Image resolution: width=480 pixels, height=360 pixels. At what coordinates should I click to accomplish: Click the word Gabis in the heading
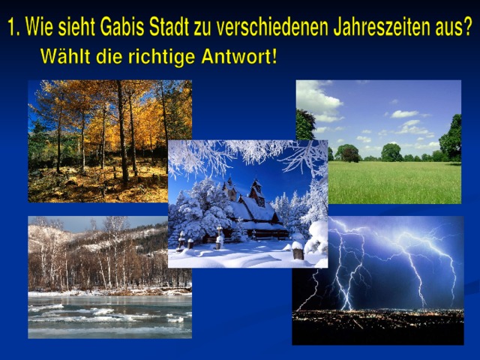pyautogui.click(x=122, y=26)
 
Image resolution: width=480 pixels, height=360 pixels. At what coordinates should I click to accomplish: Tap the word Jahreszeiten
pyautogui.click(x=377, y=26)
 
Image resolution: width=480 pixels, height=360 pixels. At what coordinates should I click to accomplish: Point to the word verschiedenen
pyautogui.click(x=272, y=26)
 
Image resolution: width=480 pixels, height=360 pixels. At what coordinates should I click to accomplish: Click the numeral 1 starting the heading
pyautogui.click(x=12, y=26)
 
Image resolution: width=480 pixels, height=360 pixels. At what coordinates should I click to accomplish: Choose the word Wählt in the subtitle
pyautogui.click(x=65, y=57)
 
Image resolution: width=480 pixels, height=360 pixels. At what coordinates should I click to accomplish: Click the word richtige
pyautogui.click(x=161, y=57)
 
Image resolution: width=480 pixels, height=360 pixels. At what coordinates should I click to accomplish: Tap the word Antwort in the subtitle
pyautogui.click(x=236, y=57)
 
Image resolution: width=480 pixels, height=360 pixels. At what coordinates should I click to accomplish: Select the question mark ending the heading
pyautogui.click(x=466, y=26)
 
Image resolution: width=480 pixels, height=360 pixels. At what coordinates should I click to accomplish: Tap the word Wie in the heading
pyautogui.click(x=39, y=26)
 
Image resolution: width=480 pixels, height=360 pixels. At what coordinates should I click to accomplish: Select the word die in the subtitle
pyautogui.click(x=109, y=57)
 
